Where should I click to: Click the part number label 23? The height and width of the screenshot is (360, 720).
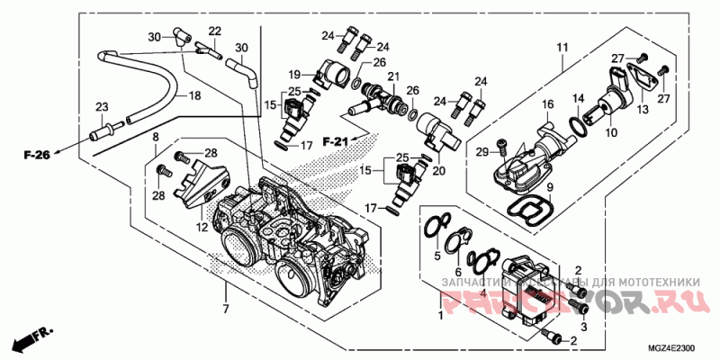(x=101, y=107)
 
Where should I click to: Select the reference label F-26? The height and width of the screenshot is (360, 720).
(x=37, y=156)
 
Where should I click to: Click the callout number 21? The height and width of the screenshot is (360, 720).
(x=392, y=78)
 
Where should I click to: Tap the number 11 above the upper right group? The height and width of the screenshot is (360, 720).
(x=562, y=46)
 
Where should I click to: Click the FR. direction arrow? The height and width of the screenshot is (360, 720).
(x=29, y=340)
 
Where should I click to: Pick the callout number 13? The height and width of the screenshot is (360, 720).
(x=643, y=109)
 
